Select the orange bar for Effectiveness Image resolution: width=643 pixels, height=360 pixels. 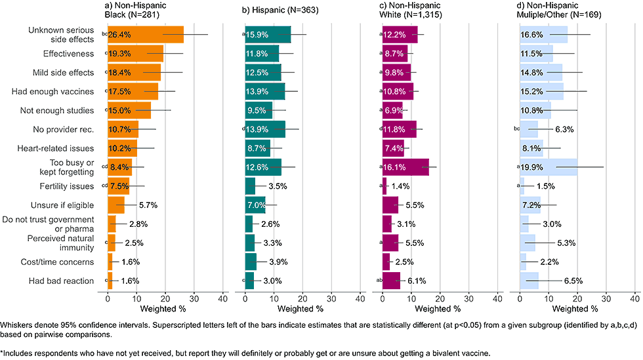pyautogui.click(x=135, y=53)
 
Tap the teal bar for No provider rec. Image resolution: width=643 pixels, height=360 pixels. pyautogui.click(x=265, y=129)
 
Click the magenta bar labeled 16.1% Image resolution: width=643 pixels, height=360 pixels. pyautogui.click(x=405, y=167)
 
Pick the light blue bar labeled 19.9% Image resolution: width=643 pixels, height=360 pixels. pyautogui.click(x=548, y=167)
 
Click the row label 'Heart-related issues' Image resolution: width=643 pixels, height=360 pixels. pyautogui.click(x=64, y=148)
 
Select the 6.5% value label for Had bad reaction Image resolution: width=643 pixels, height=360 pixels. pyautogui.click(x=573, y=281)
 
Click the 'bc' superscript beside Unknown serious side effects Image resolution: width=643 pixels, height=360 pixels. pyautogui.click(x=104, y=32)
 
